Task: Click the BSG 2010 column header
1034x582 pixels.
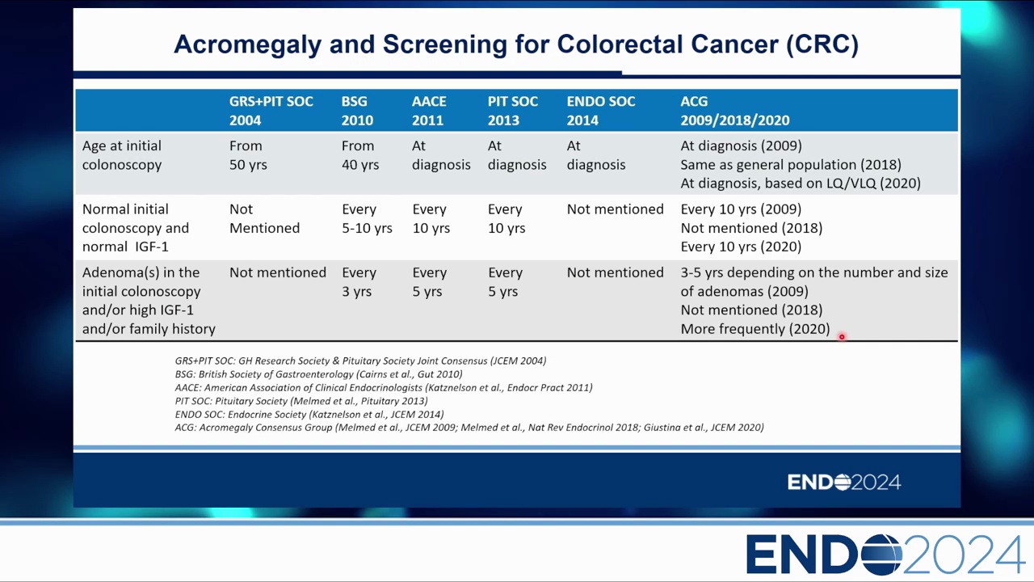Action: coord(357,111)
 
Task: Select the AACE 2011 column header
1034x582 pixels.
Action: coord(429,111)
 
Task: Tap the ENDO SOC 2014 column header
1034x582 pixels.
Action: coord(600,111)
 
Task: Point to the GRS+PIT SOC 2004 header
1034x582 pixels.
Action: coord(271,111)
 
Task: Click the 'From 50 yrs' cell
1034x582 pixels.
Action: coord(248,155)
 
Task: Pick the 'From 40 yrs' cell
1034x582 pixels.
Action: coord(360,155)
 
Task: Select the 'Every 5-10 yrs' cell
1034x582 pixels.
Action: coord(367,218)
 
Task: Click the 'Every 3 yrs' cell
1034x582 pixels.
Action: coord(359,282)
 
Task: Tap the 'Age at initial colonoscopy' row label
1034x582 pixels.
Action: coord(122,155)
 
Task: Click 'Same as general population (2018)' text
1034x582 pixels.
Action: coord(791,165)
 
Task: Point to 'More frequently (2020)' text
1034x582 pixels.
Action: coord(755,329)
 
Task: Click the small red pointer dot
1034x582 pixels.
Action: coord(842,337)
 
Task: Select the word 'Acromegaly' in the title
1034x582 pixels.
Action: coord(247,44)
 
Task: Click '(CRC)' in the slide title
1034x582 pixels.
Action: coord(822,44)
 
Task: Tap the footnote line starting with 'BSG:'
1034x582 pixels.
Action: coord(318,374)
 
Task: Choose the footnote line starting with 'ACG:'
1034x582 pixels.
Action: coord(469,428)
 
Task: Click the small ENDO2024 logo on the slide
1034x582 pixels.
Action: coord(844,483)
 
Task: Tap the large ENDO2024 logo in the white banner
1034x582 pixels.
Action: coord(885,555)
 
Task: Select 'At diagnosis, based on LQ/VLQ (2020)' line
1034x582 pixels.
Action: coord(801,183)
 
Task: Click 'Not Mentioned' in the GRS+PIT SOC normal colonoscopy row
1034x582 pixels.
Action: coord(264,218)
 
